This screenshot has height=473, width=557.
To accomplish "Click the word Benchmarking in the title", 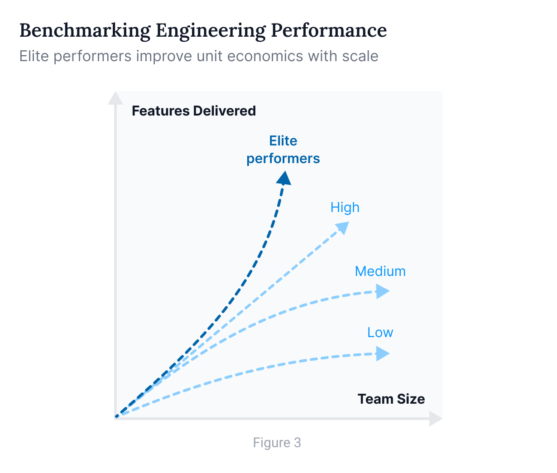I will coord(85,31).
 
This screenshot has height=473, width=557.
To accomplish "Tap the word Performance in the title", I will coord(329,30).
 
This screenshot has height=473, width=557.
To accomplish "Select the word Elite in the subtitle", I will coord(34,56).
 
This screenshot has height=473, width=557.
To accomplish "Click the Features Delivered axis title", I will coord(194,111).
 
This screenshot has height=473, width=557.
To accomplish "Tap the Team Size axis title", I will coord(391,399).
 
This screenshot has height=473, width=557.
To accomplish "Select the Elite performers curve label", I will coord(283,150).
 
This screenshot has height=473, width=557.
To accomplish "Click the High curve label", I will coord(345,208).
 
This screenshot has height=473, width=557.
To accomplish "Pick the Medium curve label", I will coord(380,271).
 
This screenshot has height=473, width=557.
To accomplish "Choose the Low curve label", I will coord(380,333).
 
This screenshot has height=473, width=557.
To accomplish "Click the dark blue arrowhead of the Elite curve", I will coord(284,179).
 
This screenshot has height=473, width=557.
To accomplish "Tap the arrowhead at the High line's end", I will coord(342,227).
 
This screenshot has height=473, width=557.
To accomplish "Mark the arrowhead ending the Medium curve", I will coord(383,291).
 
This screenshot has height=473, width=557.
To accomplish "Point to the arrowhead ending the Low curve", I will coord(383,353).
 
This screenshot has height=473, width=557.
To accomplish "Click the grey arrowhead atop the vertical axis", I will coord(115,98).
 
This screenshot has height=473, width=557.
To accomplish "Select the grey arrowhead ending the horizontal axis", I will coord(436,419).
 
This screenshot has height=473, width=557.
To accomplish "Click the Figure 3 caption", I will coord(277,443).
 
